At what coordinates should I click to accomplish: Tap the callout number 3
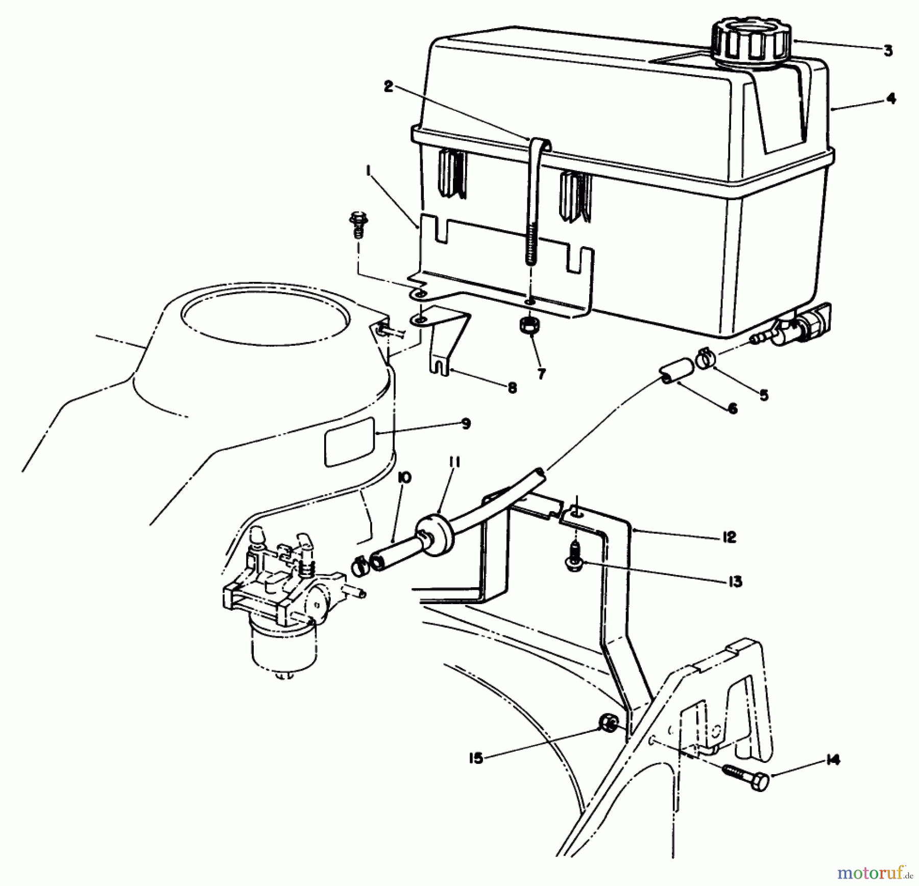pyautogui.click(x=888, y=51)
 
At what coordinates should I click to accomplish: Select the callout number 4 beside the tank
pyautogui.click(x=891, y=98)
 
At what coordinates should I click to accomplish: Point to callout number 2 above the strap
pyautogui.click(x=389, y=87)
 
